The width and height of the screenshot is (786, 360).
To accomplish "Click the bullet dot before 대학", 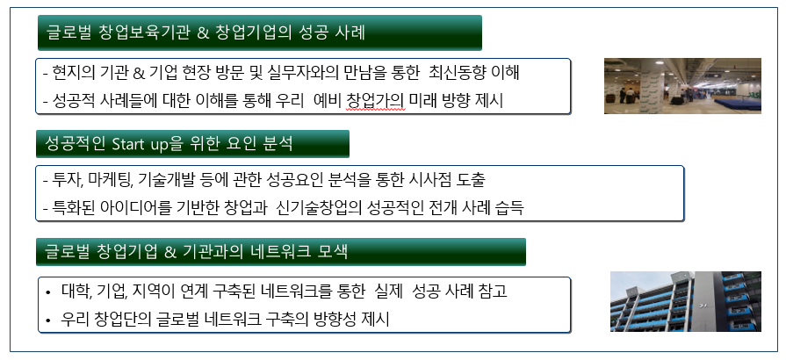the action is click(47, 292).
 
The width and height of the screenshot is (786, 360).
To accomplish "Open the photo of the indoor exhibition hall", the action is click(682, 86).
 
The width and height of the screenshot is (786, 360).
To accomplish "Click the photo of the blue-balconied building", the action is click(685, 301).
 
